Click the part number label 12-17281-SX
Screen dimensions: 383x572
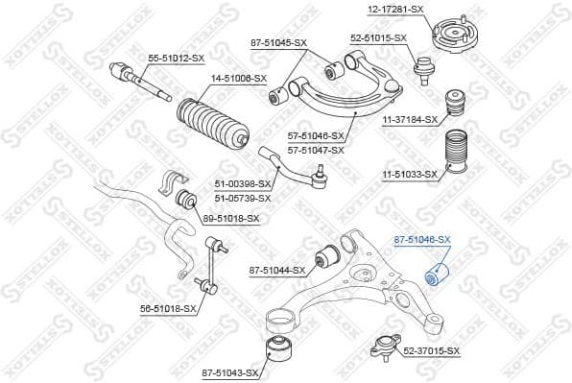[x=394, y=10]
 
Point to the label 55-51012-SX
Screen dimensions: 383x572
[x=176, y=59]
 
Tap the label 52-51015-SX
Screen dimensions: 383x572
[x=378, y=37]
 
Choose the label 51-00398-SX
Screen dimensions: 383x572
[x=242, y=184]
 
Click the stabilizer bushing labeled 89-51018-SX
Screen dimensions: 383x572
[x=189, y=201]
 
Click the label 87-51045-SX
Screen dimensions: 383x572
[x=278, y=43]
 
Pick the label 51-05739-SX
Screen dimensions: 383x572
[x=242, y=198]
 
